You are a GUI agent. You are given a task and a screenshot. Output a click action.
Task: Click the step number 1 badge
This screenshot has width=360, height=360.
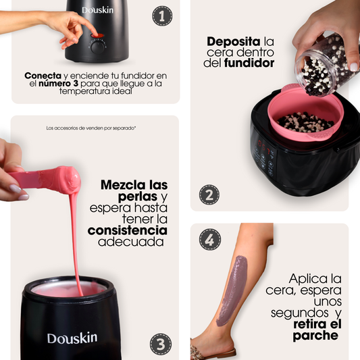pyautogui.click(x=162, y=16)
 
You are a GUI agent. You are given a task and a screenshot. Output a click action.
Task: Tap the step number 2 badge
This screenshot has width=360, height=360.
pyautogui.click(x=209, y=195)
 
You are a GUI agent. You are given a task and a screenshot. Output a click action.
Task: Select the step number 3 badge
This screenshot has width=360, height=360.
pyautogui.click(x=161, y=344)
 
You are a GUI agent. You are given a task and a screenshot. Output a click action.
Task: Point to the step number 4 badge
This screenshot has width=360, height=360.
pyautogui.click(x=210, y=239)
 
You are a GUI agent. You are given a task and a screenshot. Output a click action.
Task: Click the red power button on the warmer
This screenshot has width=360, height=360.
pyautogui.click(x=97, y=36)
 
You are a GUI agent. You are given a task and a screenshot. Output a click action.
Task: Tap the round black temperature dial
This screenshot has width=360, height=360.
pyautogui.click(x=98, y=48)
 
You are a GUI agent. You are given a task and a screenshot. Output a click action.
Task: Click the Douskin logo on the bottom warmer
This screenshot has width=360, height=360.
pyautogui.click(x=72, y=338)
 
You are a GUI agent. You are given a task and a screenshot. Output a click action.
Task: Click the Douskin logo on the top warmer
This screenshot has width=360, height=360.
pyautogui.click(x=97, y=10)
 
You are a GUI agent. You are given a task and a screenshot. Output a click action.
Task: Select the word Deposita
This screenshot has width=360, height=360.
pyautogui.click(x=234, y=42)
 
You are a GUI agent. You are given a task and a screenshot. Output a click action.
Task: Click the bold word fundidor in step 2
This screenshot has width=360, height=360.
pyautogui.click(x=249, y=63)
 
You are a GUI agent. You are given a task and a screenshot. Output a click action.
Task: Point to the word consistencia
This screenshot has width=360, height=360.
pyautogui.click(x=128, y=230)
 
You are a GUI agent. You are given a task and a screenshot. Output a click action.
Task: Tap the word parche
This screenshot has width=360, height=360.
pyautogui.click(x=315, y=336)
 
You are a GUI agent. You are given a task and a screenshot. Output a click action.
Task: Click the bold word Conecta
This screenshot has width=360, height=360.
pyautogui.click(x=43, y=76)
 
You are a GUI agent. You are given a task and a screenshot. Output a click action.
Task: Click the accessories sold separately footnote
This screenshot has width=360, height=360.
pyautogui.click(x=91, y=128)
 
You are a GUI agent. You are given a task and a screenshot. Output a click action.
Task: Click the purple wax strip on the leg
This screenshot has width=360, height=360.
pyautogui.click(x=232, y=290)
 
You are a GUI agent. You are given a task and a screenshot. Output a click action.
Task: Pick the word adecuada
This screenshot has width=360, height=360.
pyautogui.click(x=131, y=242)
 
